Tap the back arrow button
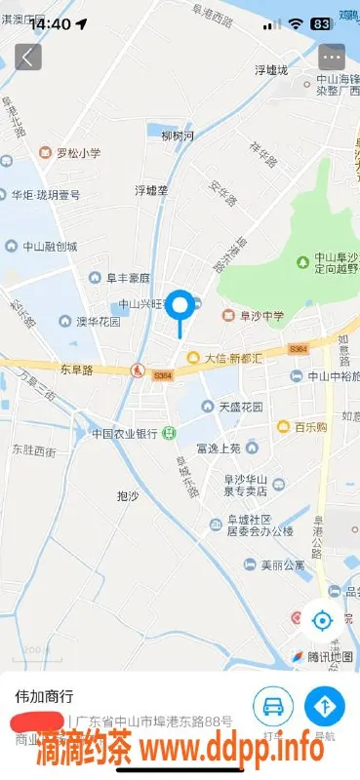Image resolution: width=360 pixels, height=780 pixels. point(28,57)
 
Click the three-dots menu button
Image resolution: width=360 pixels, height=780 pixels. point(332,57)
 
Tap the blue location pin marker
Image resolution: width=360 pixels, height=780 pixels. point(180,306)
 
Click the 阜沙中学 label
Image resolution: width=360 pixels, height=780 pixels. point(258,315)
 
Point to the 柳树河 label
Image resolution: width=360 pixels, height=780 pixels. point(178,136)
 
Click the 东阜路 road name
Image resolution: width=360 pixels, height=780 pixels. point(75,370)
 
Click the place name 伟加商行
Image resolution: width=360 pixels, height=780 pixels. point(45,697)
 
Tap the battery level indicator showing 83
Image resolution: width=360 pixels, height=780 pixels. point(319,23)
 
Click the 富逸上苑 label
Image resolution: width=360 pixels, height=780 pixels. point(218,448)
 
